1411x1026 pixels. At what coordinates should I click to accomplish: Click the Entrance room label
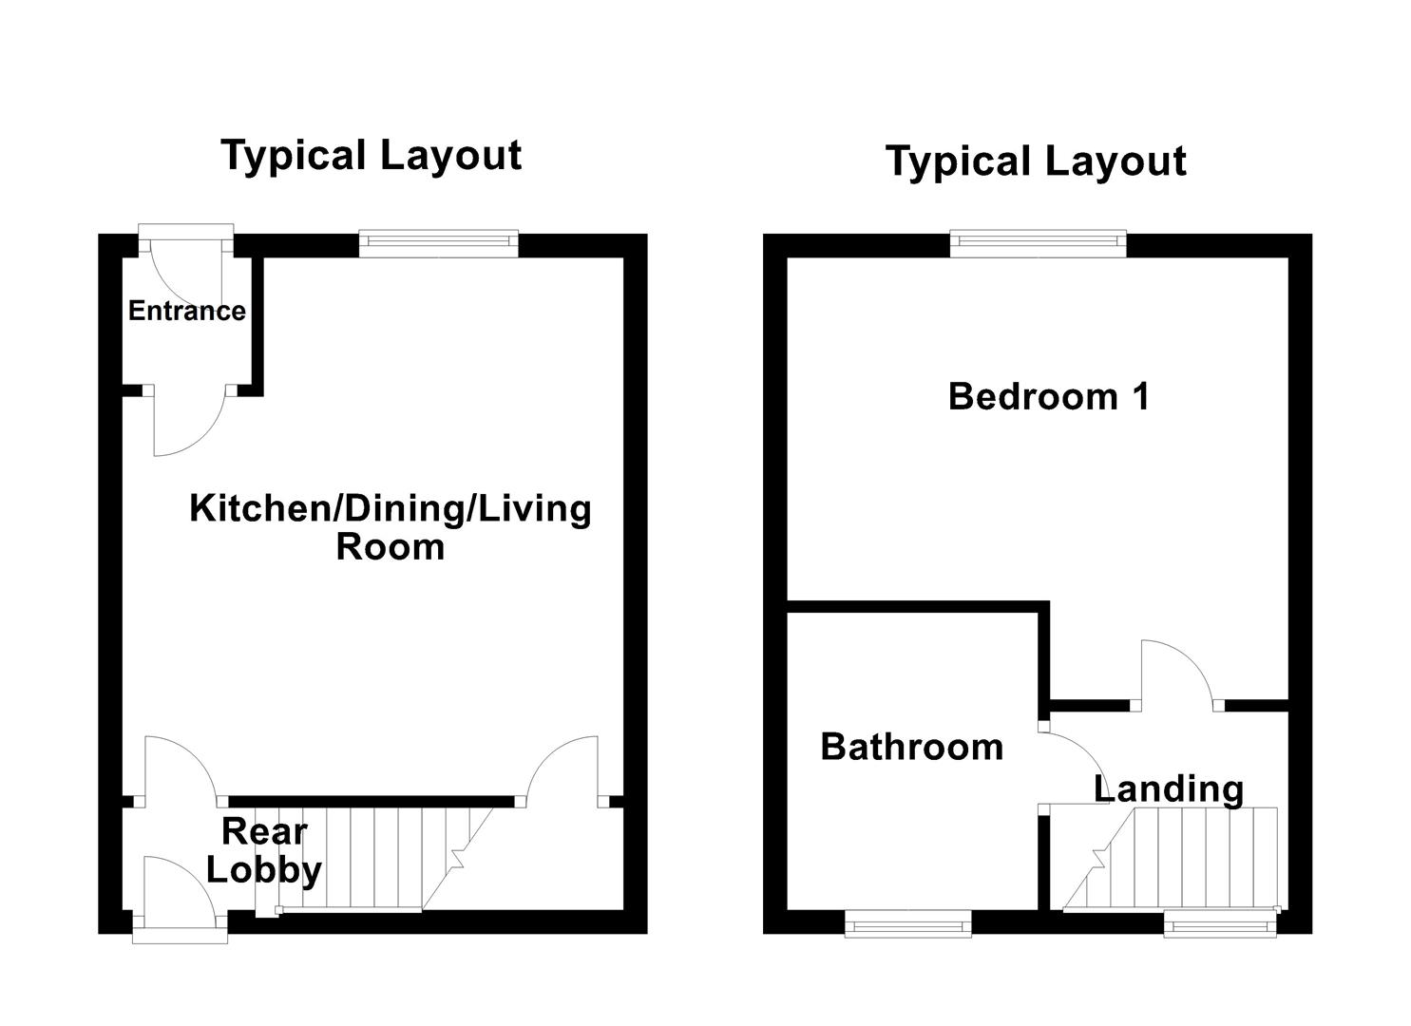click(x=186, y=311)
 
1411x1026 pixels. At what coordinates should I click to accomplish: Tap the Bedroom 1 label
click(x=1048, y=396)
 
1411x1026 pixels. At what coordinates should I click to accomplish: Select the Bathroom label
click(x=911, y=747)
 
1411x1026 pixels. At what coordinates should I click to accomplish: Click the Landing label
click(x=1168, y=788)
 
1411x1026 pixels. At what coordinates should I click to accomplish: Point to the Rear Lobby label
click(x=263, y=850)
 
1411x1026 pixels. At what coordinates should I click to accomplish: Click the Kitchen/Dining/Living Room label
click(x=390, y=527)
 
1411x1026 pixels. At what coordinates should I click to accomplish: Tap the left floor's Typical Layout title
click(x=371, y=155)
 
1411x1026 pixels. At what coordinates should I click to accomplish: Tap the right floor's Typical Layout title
click(x=1035, y=161)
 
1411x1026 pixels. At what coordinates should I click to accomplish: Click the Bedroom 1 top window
click(x=1038, y=244)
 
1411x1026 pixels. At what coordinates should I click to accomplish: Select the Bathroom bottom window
click(x=907, y=922)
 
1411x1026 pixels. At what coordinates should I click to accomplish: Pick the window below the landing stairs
click(x=1220, y=922)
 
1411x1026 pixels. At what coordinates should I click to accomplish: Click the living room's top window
click(x=438, y=244)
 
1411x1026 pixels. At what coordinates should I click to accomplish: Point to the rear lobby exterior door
click(x=178, y=893)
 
